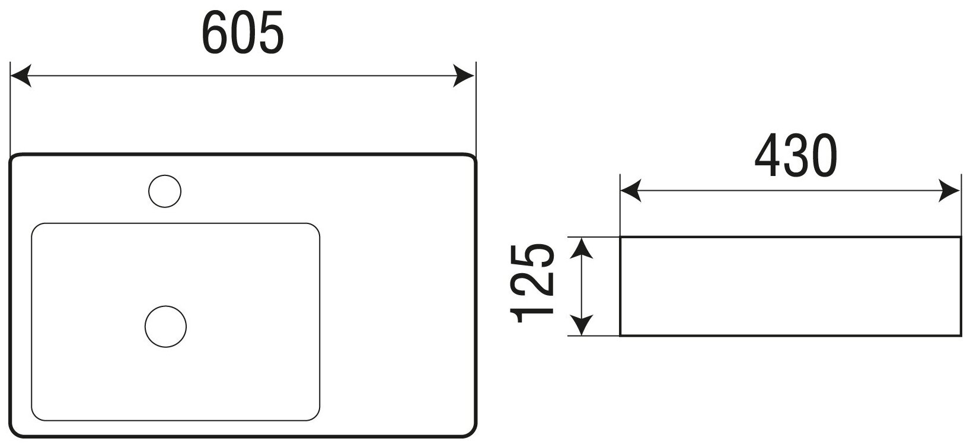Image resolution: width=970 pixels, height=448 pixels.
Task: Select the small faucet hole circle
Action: click(164, 191)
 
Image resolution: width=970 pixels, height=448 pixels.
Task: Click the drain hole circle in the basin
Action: click(165, 327)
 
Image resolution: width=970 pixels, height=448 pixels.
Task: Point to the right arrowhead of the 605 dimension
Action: click(465, 76)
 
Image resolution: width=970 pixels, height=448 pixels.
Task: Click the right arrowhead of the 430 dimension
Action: click(950, 191)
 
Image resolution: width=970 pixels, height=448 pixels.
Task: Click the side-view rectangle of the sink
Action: click(790, 286)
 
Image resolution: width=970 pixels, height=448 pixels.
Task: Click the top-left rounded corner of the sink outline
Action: click(15, 159)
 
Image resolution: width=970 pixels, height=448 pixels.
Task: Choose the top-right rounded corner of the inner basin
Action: click(315, 228)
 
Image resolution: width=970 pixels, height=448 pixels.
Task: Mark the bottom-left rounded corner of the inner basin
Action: click(36, 415)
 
